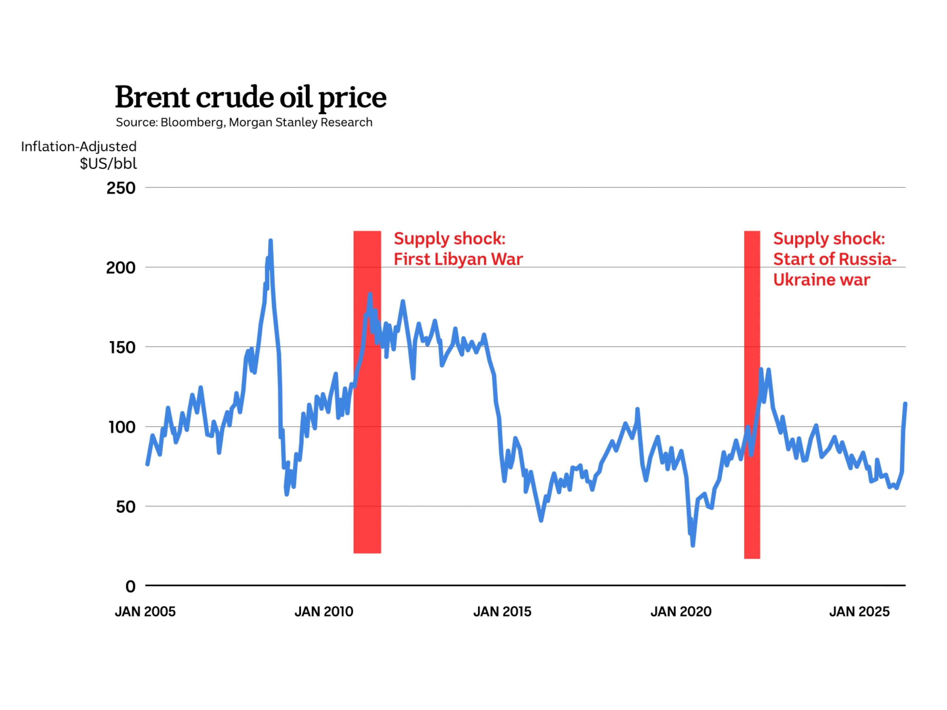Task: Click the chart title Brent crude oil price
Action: click(250, 97)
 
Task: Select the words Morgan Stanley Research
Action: click(301, 122)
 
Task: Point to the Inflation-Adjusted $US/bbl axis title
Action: click(79, 155)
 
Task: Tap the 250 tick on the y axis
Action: click(121, 188)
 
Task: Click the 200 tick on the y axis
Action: click(121, 268)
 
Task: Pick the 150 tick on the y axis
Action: click(122, 347)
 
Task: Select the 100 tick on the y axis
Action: click(122, 427)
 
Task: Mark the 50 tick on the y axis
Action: click(125, 507)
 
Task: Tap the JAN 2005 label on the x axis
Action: click(145, 612)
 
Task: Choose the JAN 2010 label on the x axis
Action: click(324, 612)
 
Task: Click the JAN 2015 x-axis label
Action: click(502, 612)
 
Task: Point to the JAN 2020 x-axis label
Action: click(681, 612)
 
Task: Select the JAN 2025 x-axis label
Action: click(859, 612)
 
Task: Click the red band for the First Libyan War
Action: click(367, 428)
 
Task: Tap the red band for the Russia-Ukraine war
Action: click(752, 471)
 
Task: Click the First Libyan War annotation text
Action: click(458, 249)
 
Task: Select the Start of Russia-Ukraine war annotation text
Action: click(834, 259)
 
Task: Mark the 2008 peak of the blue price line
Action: click(271, 241)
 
